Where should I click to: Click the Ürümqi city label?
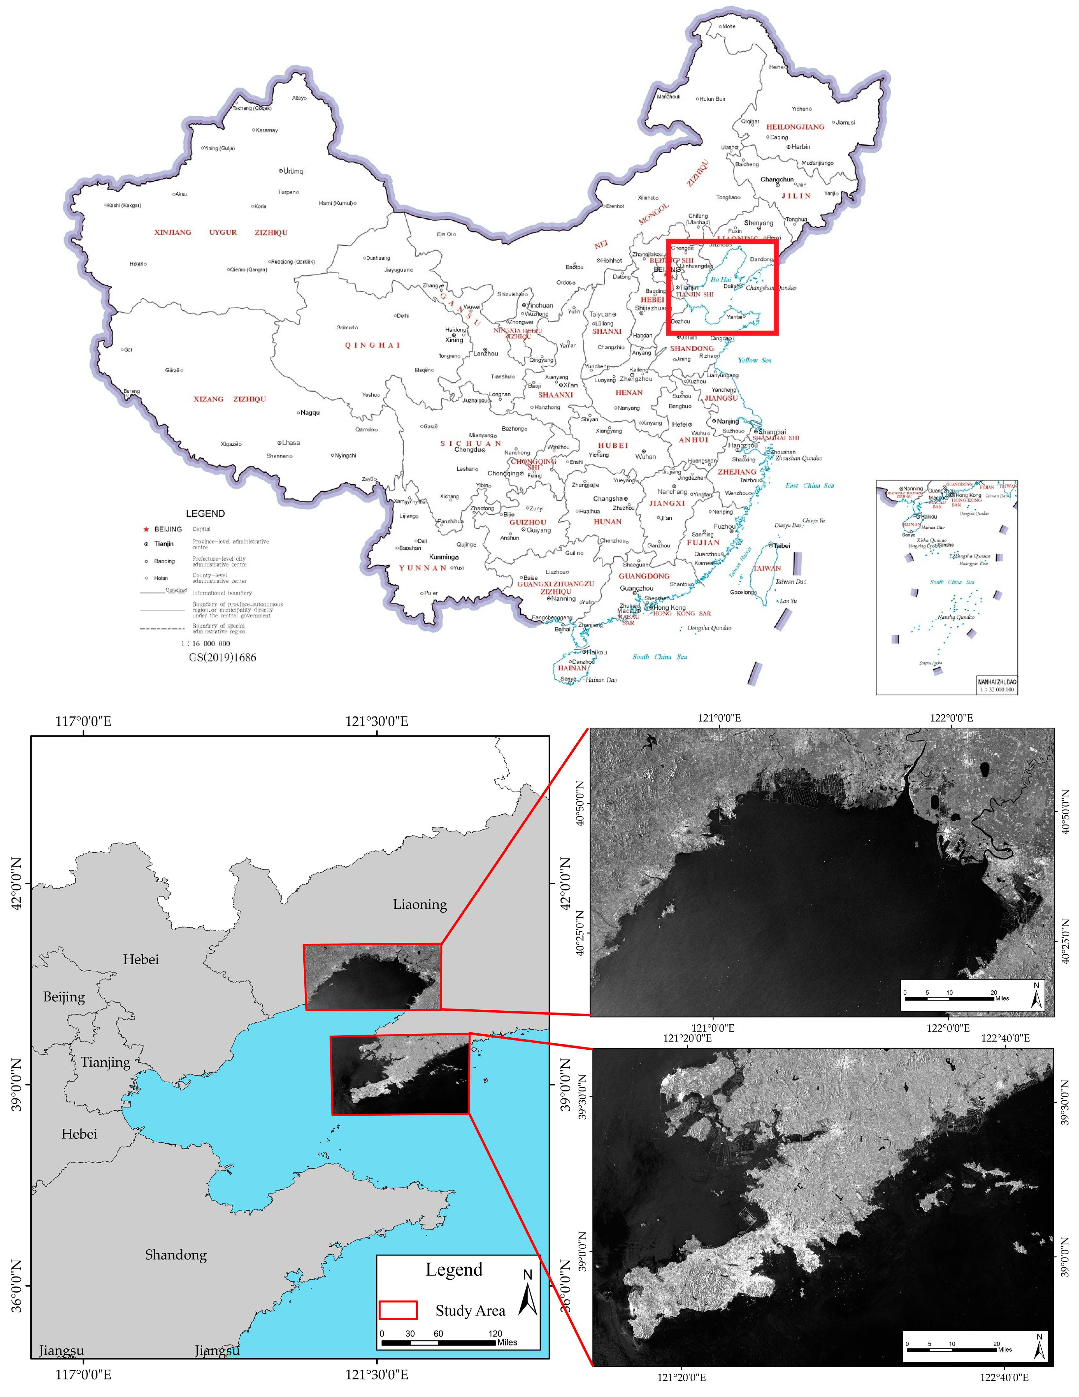294,171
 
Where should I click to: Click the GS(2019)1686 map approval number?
222,658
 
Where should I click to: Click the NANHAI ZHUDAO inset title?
996,682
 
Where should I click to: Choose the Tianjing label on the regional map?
106,1062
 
